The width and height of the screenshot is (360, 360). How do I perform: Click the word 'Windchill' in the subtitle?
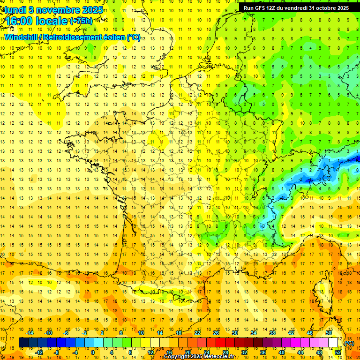point(20,37)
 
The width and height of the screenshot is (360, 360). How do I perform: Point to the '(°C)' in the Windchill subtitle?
point(133,37)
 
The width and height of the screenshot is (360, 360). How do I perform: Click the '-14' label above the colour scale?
point(30,333)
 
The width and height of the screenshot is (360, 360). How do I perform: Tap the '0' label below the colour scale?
point(93,352)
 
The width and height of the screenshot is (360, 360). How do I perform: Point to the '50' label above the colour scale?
point(329,333)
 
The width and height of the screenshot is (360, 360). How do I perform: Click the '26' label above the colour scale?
point(216,333)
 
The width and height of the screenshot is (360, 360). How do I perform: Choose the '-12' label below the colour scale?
point(39,352)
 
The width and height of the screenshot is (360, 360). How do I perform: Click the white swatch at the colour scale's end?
point(333,343)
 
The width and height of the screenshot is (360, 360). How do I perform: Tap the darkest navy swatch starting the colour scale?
point(23,343)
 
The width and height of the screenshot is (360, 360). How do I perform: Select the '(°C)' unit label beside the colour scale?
point(349,343)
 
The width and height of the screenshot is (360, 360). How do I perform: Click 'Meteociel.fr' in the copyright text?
point(219,357)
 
